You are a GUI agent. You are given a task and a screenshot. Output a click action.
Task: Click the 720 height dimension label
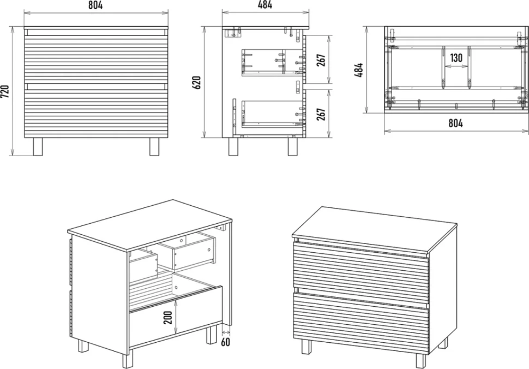pos(5,91)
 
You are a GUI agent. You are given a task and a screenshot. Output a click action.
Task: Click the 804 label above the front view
pos(95,5)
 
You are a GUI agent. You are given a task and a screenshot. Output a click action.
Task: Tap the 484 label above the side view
pos(265,5)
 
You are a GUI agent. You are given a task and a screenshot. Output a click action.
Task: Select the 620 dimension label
pos(196,82)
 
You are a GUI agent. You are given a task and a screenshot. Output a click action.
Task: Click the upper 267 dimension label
pos(321,59)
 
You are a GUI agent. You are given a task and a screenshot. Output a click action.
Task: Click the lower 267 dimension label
pos(321,114)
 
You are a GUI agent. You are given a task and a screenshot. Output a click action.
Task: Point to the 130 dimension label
pos(456,58)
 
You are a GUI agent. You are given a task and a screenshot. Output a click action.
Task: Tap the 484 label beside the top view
pos(359,69)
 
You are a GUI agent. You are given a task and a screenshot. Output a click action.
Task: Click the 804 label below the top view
pos(455,123)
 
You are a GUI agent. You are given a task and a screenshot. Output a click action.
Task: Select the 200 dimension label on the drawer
pos(168,317)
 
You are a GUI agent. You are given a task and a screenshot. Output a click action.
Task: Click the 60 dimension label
pos(225,342)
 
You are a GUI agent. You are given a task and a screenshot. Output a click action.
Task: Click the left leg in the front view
pos(38,146)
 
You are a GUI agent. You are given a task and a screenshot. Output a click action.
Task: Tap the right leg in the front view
pos(154,146)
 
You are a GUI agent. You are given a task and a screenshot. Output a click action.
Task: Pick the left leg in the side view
pos(233,146)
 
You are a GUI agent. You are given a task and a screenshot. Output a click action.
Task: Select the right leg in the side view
pos(292,146)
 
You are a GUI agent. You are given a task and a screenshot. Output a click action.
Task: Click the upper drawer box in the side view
pos(272,63)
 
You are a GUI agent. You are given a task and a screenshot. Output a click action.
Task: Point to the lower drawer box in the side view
pos(272,114)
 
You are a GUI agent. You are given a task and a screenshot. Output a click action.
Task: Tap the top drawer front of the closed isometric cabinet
pos(361,272)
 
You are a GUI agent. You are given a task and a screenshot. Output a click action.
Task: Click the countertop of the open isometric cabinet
pos(150,225)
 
